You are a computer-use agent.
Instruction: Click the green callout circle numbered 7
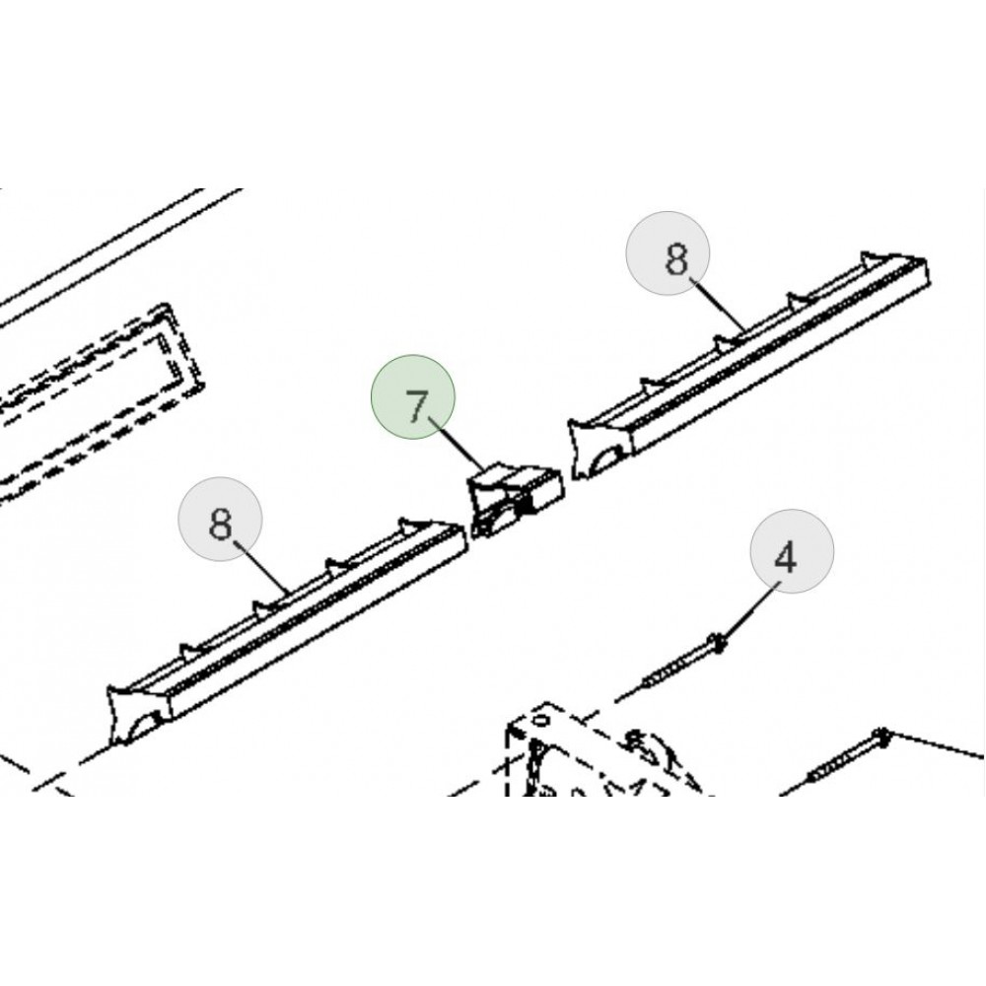coord(412,396)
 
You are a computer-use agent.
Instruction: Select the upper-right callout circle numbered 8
coord(668,252)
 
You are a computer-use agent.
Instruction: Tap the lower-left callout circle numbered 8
coord(220,519)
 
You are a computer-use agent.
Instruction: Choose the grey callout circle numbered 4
coord(792,551)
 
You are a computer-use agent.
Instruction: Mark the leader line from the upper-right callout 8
coord(719,307)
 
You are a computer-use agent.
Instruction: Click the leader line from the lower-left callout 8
coord(262,567)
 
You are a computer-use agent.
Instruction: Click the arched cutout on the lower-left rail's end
coord(142,724)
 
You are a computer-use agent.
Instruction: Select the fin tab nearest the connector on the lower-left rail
coord(412,524)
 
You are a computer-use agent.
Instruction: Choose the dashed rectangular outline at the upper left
coord(101,402)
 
